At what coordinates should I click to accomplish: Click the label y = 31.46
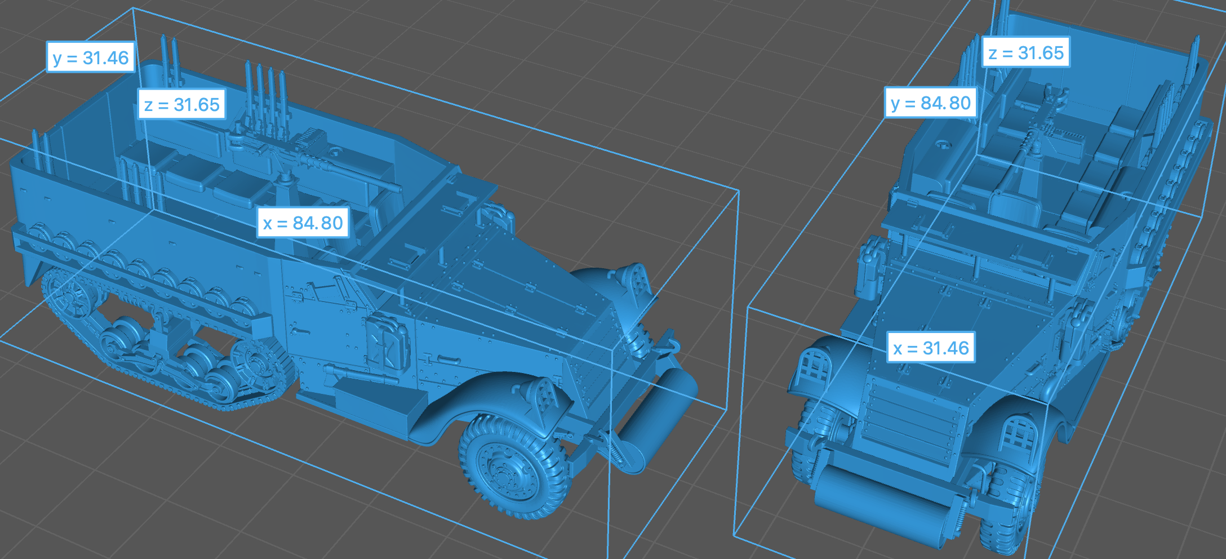click(x=91, y=57)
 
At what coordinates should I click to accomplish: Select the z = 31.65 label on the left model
click(x=181, y=104)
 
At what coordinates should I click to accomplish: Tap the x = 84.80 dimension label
click(x=303, y=223)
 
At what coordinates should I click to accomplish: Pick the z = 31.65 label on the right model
click(x=1025, y=52)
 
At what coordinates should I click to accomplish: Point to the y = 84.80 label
click(x=930, y=103)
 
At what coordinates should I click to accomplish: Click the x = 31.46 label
click(x=931, y=348)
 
